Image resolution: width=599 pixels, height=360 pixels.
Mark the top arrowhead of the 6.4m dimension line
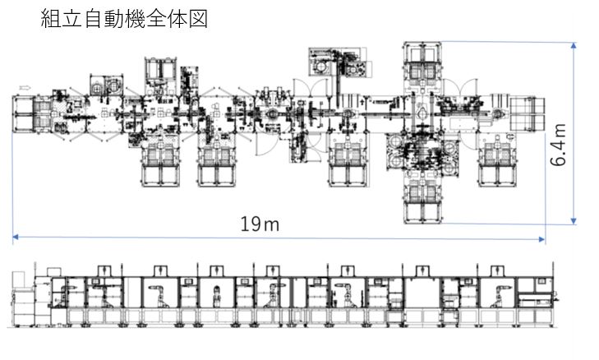pyautogui.click(x=573, y=47)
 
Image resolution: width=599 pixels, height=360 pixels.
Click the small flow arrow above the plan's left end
pyautogui.click(x=25, y=85)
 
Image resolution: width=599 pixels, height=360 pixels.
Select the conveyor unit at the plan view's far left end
pyautogui.click(x=30, y=114)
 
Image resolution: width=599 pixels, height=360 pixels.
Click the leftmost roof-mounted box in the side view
pyautogui.click(x=105, y=273)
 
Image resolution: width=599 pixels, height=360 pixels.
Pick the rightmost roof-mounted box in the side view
pyautogui.click(x=498, y=273)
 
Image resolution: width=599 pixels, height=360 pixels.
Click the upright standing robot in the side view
pyautogui.click(x=217, y=297)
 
